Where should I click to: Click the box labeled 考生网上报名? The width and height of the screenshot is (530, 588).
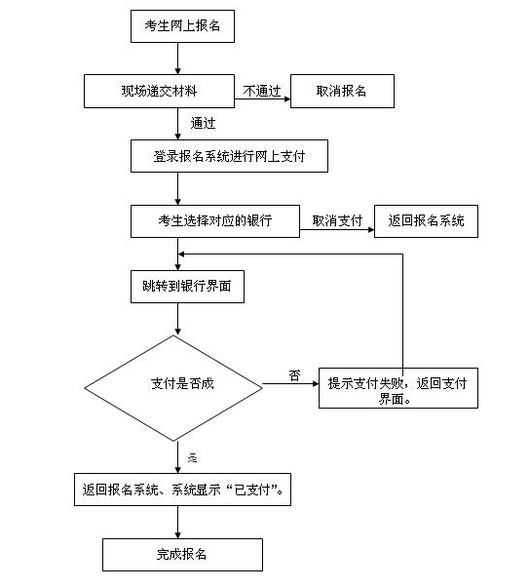pyautogui.click(x=182, y=26)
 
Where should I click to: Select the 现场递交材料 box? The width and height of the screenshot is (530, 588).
pyautogui.click(x=159, y=91)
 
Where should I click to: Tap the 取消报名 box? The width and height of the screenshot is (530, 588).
pyautogui.click(x=342, y=91)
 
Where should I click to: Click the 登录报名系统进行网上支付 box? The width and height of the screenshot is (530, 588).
pyautogui.click(x=229, y=156)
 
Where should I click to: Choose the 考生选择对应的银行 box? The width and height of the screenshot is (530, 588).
pyautogui.click(x=215, y=221)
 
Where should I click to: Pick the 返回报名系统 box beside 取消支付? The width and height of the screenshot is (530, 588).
pyautogui.click(x=427, y=221)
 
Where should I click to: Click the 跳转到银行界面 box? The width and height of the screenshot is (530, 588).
pyautogui.click(x=187, y=287)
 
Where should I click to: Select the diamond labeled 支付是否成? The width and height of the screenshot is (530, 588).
pyautogui.click(x=173, y=388)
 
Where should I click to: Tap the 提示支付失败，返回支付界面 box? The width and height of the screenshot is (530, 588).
pyautogui.click(x=398, y=388)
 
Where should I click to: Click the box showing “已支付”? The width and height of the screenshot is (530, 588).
pyautogui.click(x=182, y=490)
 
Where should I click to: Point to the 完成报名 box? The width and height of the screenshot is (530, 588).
pyautogui.click(x=182, y=555)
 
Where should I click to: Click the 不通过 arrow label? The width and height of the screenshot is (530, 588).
pyautogui.click(x=262, y=91)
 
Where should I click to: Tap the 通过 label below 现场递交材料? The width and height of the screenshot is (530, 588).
pyautogui.click(x=203, y=123)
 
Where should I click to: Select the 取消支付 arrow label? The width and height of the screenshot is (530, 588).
pyautogui.click(x=337, y=220)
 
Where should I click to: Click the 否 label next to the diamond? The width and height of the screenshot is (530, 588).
pyautogui.click(x=295, y=375)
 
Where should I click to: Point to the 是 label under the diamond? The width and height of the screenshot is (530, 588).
pyautogui.click(x=193, y=457)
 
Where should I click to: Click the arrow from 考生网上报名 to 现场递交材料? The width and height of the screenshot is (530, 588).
pyautogui.click(x=178, y=59)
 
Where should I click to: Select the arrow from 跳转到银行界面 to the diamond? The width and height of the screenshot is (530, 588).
pyautogui.click(x=178, y=319)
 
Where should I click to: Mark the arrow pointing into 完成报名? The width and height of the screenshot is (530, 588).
pyautogui.click(x=178, y=522)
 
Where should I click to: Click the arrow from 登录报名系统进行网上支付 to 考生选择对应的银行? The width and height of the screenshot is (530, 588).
pyautogui.click(x=178, y=188)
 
